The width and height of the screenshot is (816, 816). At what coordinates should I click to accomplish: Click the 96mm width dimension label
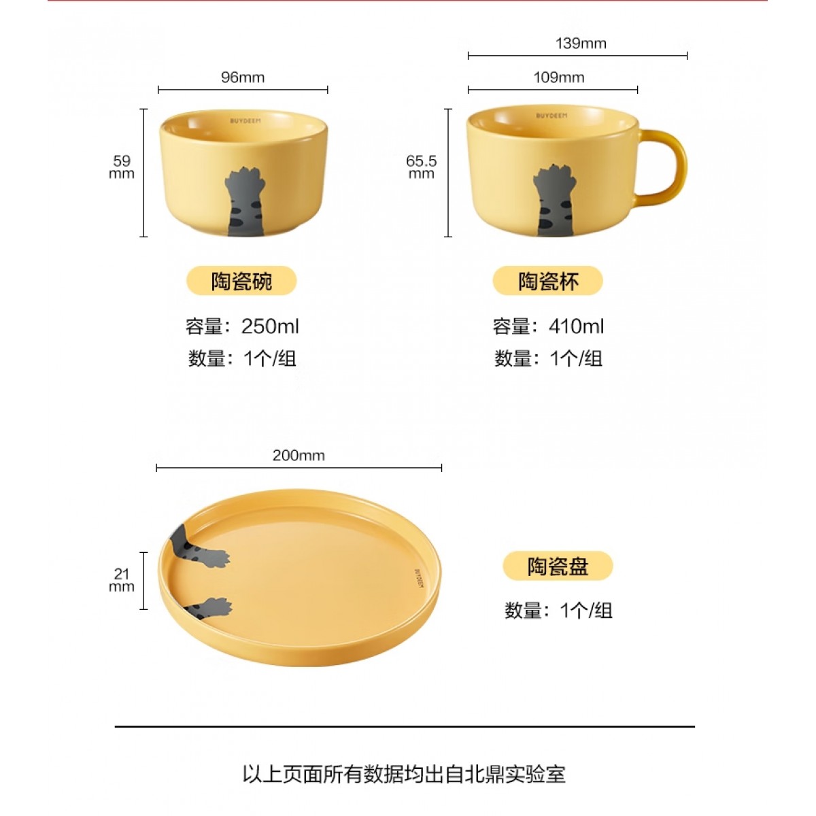tap(243, 78)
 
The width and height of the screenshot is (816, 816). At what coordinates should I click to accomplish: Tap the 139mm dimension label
tap(581, 44)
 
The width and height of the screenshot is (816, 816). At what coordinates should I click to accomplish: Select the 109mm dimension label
tap(558, 78)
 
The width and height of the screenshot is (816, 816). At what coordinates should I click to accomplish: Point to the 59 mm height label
tap(122, 167)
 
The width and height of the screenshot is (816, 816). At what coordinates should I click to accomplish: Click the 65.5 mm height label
tap(421, 167)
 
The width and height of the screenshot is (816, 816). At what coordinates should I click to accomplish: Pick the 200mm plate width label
tap(299, 455)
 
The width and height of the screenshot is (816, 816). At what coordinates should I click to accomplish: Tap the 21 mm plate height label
tap(122, 580)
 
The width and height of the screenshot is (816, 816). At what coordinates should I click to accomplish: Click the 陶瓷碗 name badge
tap(241, 281)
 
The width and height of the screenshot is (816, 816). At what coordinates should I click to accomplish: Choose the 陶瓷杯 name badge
tap(548, 281)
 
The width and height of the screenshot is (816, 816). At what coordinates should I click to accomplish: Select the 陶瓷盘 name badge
tap(558, 566)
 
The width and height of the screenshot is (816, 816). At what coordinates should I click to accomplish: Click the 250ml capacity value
tap(270, 326)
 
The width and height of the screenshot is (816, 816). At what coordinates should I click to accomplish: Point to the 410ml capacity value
tap(577, 326)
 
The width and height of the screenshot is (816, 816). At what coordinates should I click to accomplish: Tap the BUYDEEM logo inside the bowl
tap(245, 121)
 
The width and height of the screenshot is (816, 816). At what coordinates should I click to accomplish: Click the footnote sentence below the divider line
tap(404, 774)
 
